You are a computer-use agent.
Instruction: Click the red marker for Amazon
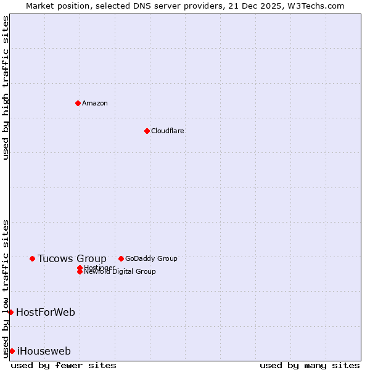click(x=78, y=103)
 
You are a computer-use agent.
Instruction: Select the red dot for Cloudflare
click(x=147, y=131)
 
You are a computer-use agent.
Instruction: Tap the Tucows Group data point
click(x=32, y=258)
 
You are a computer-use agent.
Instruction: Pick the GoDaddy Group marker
click(x=121, y=258)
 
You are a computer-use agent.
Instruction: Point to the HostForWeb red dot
click(x=10, y=312)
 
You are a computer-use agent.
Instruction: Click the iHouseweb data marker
click(x=12, y=351)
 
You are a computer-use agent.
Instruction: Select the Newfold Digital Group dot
click(x=80, y=272)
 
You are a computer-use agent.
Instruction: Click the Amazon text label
click(x=95, y=103)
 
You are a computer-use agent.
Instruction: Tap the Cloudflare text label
click(x=168, y=131)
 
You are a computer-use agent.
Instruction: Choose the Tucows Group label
click(x=72, y=258)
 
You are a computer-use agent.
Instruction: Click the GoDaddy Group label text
click(x=151, y=258)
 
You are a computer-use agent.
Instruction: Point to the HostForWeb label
click(x=46, y=312)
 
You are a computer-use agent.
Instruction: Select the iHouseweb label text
click(x=44, y=351)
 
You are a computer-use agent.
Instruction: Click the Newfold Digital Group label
click(x=120, y=272)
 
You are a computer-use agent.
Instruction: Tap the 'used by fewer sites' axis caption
click(x=64, y=365)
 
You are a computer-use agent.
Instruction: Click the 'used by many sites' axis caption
click(x=310, y=365)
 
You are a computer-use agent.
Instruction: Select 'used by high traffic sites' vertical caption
click(x=6, y=88)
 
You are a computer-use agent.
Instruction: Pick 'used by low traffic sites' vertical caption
click(x=6, y=288)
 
